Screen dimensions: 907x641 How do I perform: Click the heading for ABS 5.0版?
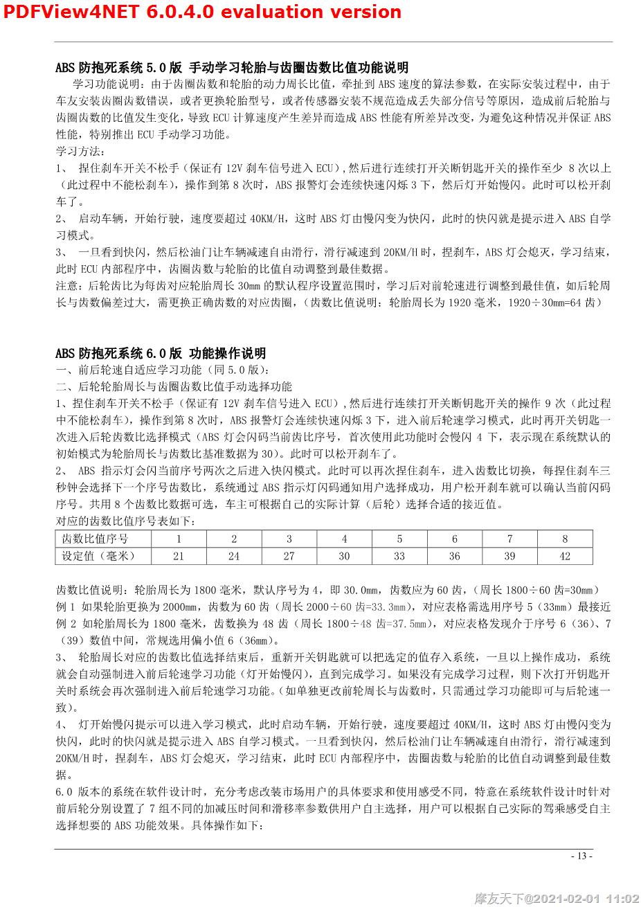[x=232, y=67]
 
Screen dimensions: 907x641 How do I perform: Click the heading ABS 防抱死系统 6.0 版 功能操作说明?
[x=161, y=353]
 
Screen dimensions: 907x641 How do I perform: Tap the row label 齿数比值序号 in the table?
[x=95, y=539]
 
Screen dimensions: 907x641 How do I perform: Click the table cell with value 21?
[x=179, y=555]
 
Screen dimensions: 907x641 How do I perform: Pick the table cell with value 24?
[x=234, y=555]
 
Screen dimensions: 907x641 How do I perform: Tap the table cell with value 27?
[x=289, y=555]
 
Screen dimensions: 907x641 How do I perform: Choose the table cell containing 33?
[x=399, y=555]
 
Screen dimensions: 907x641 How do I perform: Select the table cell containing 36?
[x=454, y=555]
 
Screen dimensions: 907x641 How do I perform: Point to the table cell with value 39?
[x=509, y=555]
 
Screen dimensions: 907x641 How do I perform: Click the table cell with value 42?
[x=565, y=555]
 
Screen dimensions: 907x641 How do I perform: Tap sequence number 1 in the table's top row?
[x=179, y=539]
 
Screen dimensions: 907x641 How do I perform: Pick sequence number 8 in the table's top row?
[x=565, y=539]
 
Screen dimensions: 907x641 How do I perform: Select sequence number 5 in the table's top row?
[x=399, y=539]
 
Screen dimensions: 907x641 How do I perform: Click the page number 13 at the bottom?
[x=581, y=856]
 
